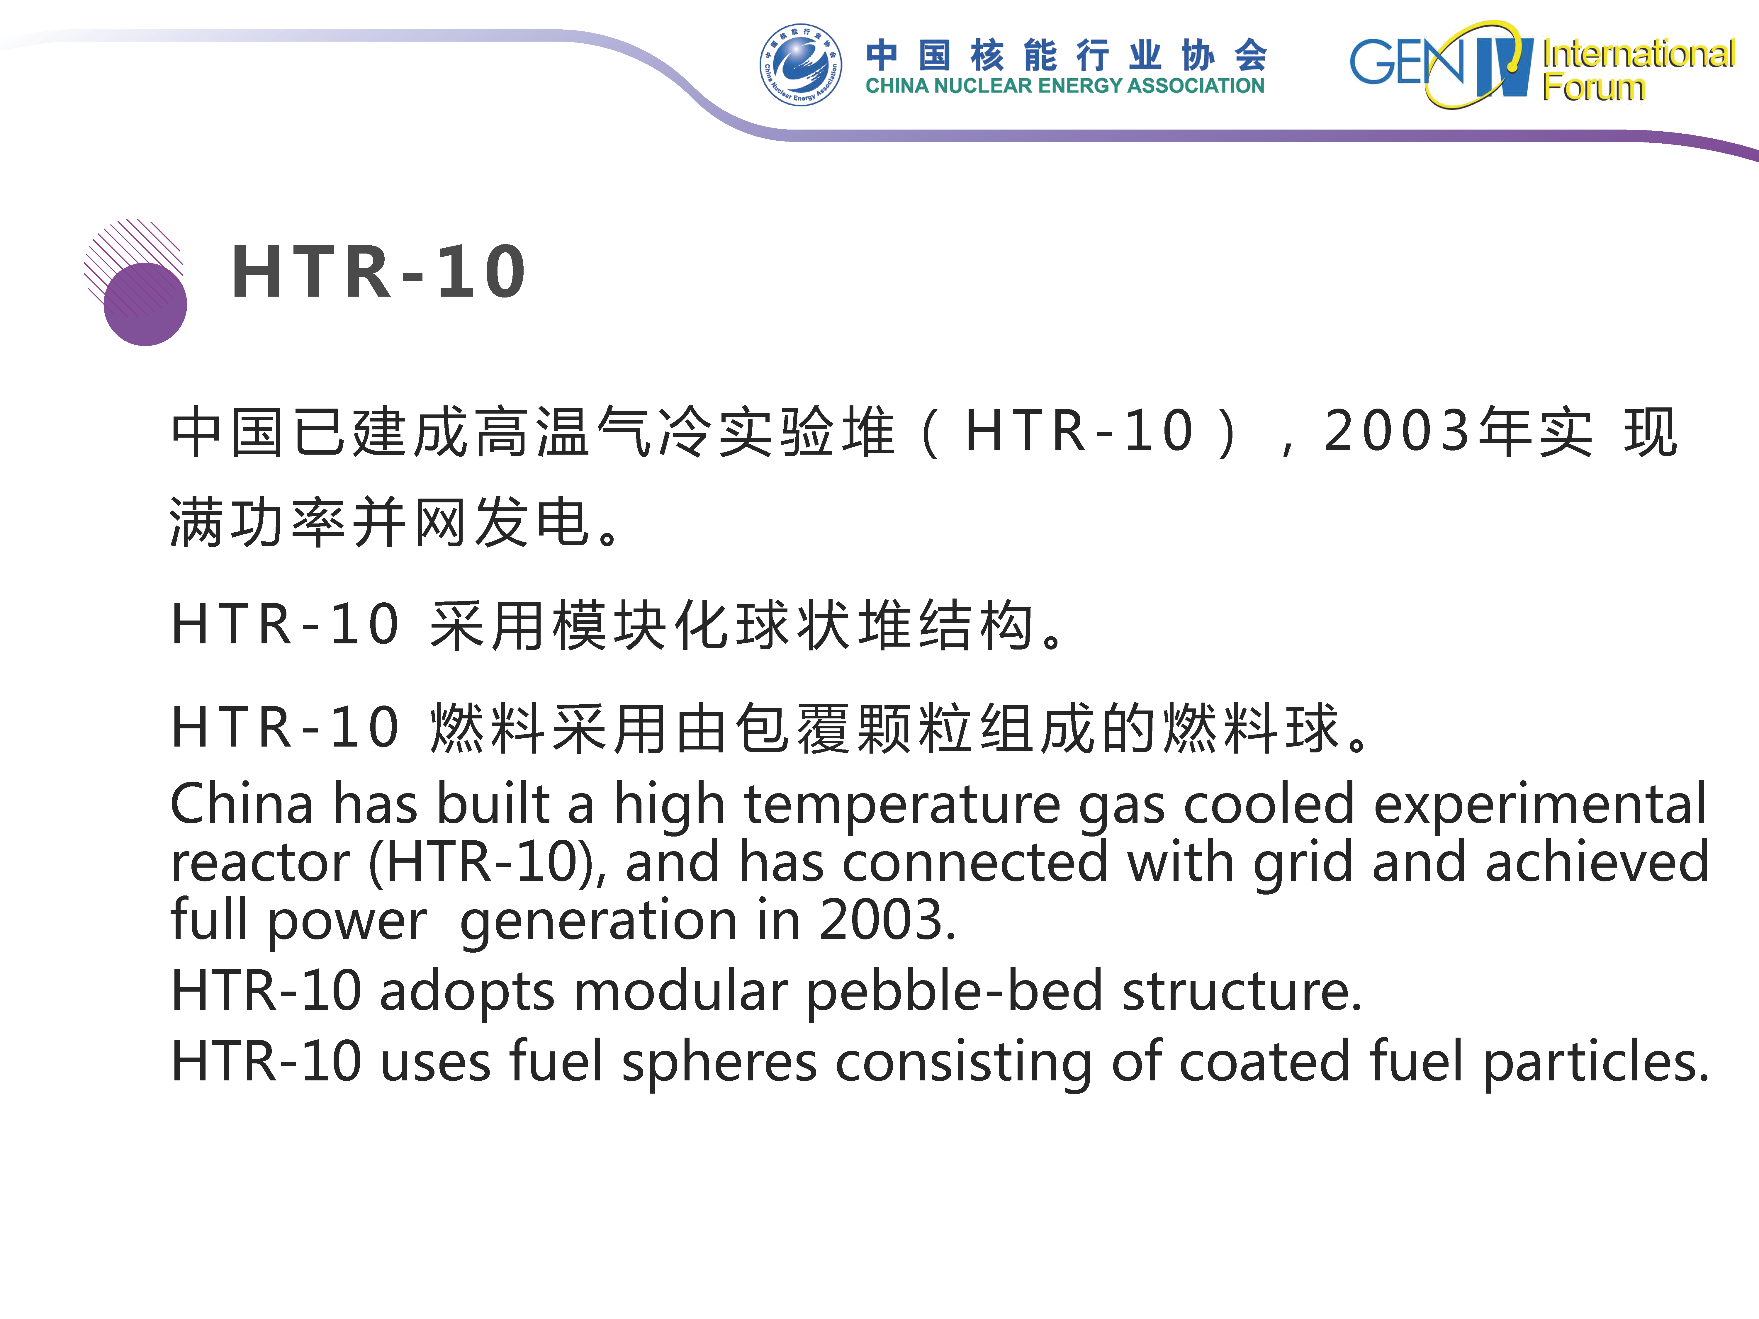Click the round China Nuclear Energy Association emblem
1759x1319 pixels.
pyautogui.click(x=800, y=64)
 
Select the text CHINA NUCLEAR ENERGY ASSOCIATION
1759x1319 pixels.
pyautogui.click(x=1065, y=86)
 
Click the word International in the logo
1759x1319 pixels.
pyautogui.click(x=1638, y=54)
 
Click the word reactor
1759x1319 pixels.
pyautogui.click(x=260, y=864)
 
